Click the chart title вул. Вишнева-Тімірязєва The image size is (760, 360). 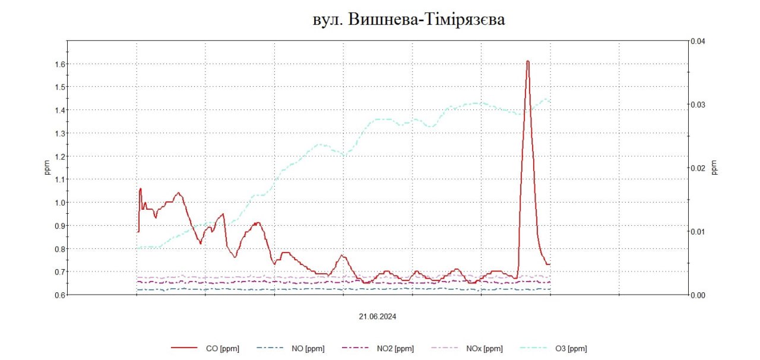click(x=408, y=20)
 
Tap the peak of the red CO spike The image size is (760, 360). click(x=527, y=61)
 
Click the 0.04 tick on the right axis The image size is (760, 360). click(x=697, y=41)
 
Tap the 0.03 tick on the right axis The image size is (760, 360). click(x=697, y=105)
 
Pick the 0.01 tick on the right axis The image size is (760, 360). click(x=697, y=231)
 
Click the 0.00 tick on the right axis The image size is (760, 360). click(x=697, y=295)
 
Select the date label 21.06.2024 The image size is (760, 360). click(x=377, y=317)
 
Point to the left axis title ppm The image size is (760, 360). click(x=47, y=168)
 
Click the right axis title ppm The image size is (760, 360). click(x=714, y=168)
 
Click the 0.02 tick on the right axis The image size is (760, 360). click(x=697, y=168)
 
